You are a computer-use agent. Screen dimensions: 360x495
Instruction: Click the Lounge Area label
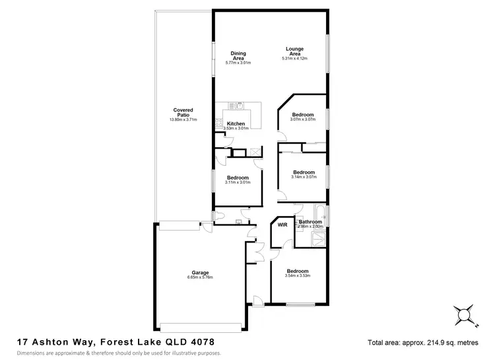tap(294, 51)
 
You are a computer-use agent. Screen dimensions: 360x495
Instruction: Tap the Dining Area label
tap(238, 55)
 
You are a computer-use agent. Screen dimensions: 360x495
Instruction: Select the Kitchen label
tap(236, 124)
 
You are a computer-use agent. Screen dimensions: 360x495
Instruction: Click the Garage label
tap(201, 273)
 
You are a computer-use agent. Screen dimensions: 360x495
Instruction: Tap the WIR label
tap(282, 225)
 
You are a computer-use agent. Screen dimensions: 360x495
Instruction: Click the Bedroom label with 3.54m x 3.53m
tap(298, 271)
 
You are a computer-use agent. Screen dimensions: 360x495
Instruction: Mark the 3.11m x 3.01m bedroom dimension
tap(238, 183)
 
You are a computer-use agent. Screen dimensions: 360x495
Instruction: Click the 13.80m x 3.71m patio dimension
tap(183, 120)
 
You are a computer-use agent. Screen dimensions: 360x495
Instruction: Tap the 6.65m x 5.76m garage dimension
tap(201, 278)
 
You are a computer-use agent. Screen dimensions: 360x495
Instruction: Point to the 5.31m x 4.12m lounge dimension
tap(294, 59)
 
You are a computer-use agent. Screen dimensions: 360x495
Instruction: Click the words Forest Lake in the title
tap(121, 342)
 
